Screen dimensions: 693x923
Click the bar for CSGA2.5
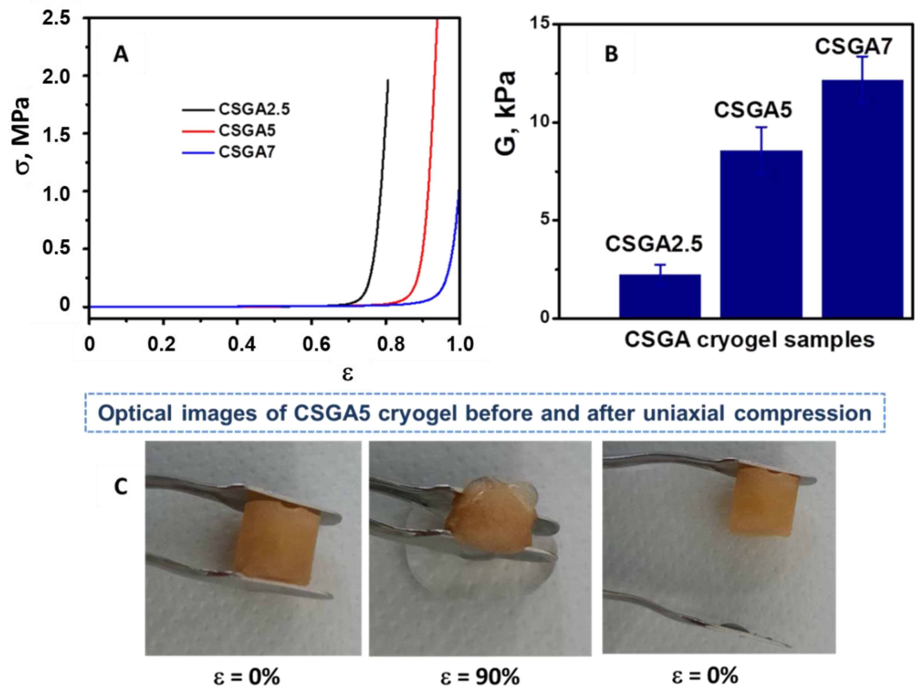point(660,296)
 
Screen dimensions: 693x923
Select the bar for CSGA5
point(761,234)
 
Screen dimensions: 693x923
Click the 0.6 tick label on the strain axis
point(316,345)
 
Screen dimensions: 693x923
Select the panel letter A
point(121,54)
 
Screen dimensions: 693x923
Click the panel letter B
point(611,54)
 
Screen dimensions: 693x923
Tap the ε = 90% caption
point(480,677)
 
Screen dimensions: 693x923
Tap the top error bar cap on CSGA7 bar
point(862,56)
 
